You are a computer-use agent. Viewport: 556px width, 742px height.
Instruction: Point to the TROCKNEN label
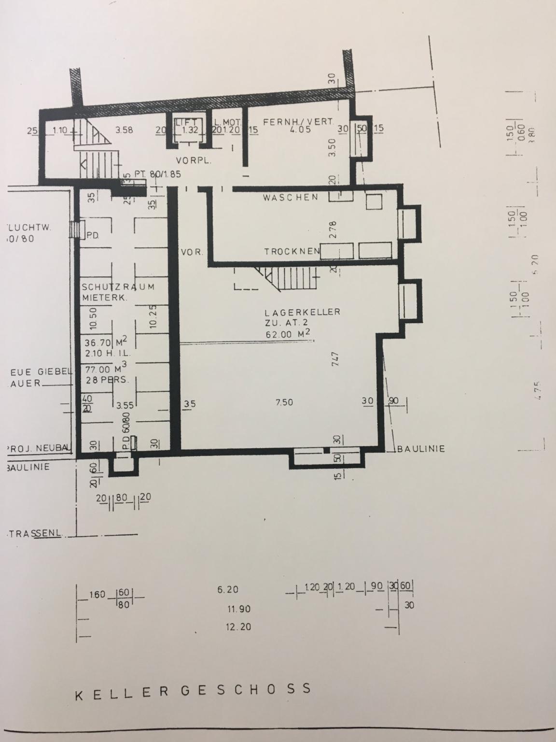click(x=292, y=252)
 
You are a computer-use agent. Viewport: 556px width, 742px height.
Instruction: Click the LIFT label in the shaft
click(x=185, y=122)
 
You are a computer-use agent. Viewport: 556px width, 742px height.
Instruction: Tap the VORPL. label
click(x=194, y=161)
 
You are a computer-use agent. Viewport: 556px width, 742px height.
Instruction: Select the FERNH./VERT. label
click(x=298, y=122)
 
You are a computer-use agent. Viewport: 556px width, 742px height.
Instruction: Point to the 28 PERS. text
click(x=107, y=380)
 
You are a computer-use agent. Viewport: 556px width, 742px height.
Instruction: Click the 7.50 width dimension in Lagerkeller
click(x=284, y=403)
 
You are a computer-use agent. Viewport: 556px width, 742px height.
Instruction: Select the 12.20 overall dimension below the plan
click(x=238, y=627)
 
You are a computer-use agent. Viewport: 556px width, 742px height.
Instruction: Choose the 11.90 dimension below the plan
click(x=239, y=609)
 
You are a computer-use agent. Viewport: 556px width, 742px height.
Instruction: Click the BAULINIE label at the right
click(x=421, y=449)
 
